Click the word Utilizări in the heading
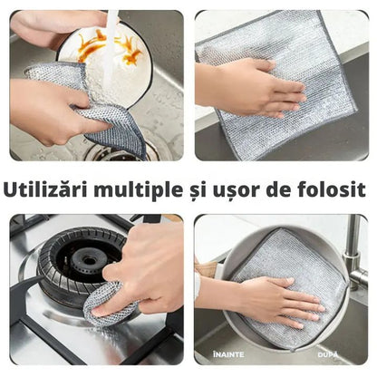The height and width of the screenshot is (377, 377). pyautogui.click(x=45, y=189)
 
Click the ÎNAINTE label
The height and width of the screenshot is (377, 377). pyautogui.click(x=228, y=354)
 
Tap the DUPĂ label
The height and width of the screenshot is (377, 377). pyautogui.click(x=328, y=354)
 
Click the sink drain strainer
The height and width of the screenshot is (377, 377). pyautogui.click(x=116, y=152)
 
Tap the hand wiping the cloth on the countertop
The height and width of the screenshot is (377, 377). pyautogui.click(x=251, y=88)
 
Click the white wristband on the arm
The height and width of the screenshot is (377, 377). pyautogui.click(x=198, y=285)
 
